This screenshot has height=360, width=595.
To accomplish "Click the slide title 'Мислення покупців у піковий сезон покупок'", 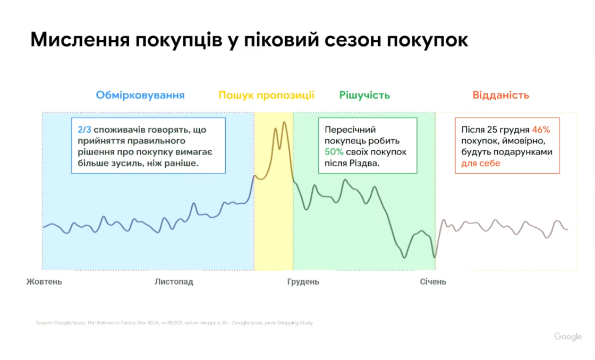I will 249,40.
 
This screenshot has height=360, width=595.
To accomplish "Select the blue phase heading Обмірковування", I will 140,96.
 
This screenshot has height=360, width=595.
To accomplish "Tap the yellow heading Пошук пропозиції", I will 267,96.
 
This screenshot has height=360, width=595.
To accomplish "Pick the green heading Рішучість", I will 364,96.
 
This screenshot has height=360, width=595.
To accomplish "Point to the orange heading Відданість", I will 501,96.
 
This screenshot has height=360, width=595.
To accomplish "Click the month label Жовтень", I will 44,281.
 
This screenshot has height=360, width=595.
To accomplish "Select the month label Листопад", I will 174,281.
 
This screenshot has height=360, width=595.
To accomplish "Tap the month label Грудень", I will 303,281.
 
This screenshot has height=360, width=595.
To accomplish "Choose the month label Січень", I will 433,281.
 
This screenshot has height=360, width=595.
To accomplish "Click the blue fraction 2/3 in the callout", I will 84,130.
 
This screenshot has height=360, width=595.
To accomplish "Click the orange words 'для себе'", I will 481,164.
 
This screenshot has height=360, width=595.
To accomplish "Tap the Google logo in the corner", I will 568,337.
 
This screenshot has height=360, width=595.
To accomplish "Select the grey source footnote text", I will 174,323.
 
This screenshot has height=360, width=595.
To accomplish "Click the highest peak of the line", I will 284,123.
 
